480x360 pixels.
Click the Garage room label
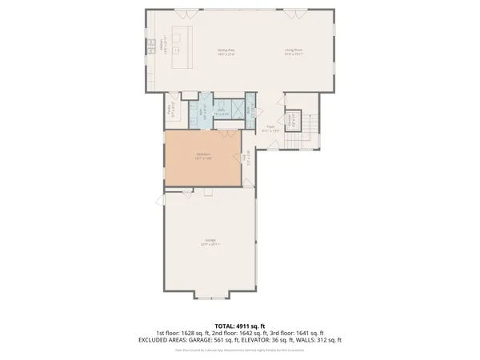211,242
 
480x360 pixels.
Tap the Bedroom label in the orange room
203,157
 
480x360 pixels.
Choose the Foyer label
270,127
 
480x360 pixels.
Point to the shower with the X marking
237,110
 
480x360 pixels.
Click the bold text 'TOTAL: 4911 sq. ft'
240,325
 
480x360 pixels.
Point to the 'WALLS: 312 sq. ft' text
318,340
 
